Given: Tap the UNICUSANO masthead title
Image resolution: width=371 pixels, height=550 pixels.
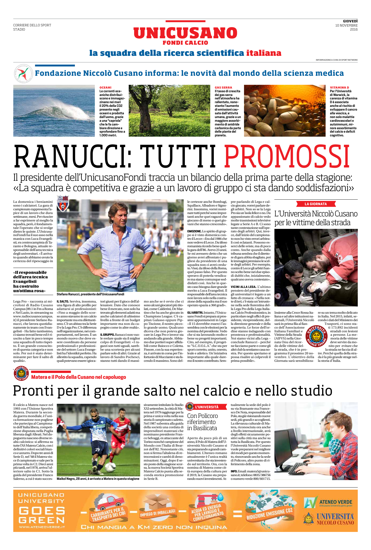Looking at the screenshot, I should pos(185,33).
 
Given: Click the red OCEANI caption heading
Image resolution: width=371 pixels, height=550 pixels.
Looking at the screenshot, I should pos(105,87).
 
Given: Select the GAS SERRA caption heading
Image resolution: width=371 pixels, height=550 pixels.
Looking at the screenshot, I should pos(223,87).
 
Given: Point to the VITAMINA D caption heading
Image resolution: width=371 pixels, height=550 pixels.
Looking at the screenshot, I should pos(339,87).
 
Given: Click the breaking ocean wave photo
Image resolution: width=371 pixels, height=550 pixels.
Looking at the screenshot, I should pos(54,111).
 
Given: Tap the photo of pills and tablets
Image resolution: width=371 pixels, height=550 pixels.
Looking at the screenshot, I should pos(284,111).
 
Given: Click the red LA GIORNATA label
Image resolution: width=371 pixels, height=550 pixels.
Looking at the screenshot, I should pos(316,204).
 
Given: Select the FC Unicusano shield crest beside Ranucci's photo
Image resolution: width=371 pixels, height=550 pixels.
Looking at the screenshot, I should pos(63,203).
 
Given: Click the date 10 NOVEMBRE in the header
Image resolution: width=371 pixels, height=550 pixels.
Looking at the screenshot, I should pos(346,26).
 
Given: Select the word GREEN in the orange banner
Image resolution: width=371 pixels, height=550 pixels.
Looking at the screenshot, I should pos(41,519).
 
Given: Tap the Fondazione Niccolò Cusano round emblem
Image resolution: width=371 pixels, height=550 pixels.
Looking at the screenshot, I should pos(22,73).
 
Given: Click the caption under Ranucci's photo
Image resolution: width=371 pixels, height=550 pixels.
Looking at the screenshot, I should pos(90,294).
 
